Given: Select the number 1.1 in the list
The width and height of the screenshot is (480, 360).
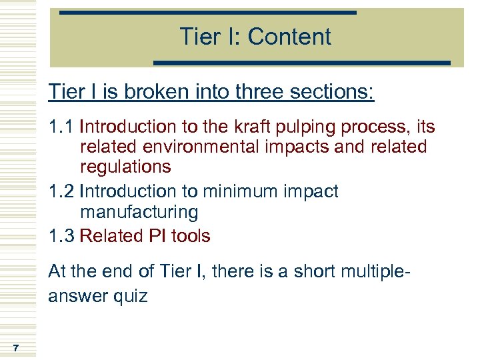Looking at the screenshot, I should click(61, 127).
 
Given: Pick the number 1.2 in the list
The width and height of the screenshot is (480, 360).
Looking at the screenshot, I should click(61, 191).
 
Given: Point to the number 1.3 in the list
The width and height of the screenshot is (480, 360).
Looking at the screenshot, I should click(61, 236).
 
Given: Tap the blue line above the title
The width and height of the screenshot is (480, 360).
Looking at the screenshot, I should click(208, 13).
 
